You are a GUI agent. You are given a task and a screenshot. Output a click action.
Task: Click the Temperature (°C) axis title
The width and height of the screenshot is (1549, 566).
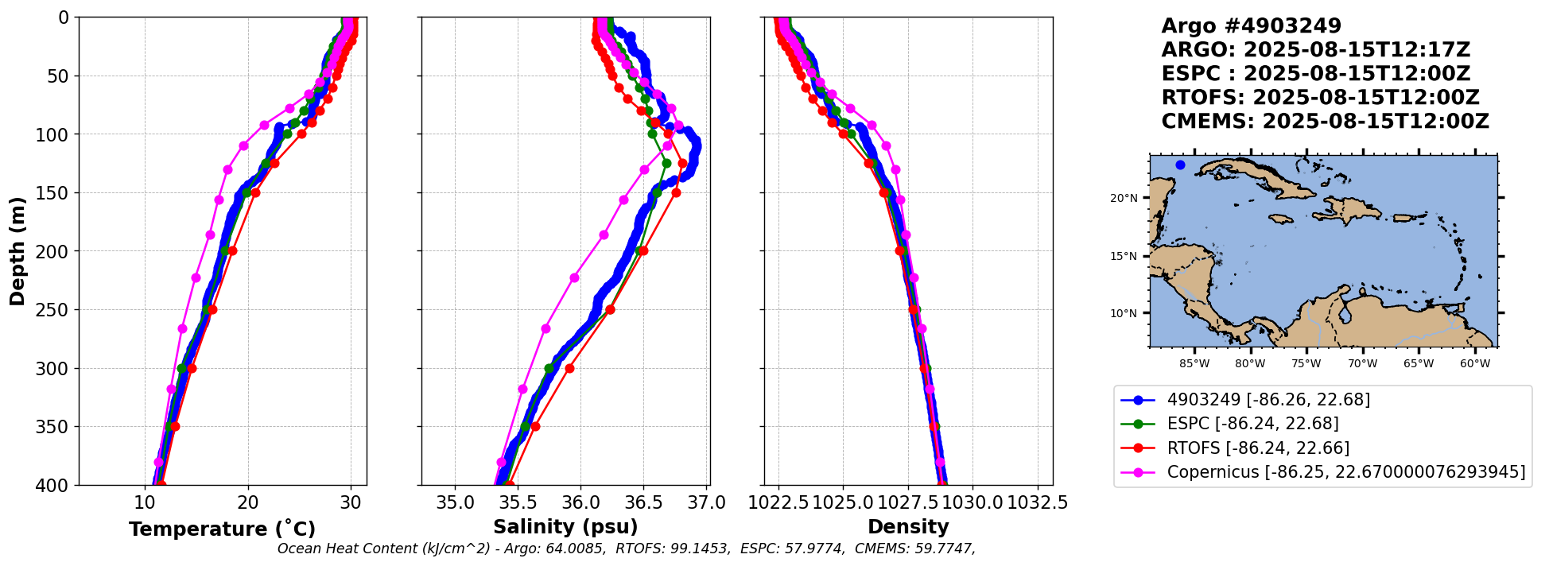222,529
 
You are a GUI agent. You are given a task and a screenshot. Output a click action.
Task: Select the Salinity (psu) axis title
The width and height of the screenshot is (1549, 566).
565,527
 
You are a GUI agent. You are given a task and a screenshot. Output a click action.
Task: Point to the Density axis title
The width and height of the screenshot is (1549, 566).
908,527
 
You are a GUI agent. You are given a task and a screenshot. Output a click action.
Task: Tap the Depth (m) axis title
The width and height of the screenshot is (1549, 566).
17,251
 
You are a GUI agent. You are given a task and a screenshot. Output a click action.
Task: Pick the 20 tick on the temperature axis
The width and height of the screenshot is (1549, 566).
248,503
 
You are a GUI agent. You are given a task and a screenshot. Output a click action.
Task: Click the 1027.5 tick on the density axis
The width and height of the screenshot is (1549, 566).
908,503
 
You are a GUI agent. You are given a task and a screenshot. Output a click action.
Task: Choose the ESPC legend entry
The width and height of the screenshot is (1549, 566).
1252,424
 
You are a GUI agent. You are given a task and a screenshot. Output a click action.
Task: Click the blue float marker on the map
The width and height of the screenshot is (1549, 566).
1180,165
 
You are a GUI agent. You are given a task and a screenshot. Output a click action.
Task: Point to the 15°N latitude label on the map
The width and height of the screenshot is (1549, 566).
1125,256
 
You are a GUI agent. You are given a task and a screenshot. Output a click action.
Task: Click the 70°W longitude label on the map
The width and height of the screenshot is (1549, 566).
1362,364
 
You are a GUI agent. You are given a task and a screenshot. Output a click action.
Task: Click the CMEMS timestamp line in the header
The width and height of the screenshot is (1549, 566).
1325,122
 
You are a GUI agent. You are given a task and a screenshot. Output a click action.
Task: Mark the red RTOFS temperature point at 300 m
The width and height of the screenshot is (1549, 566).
191,368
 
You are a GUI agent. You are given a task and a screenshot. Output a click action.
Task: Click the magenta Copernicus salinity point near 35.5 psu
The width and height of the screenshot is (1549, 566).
522,389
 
